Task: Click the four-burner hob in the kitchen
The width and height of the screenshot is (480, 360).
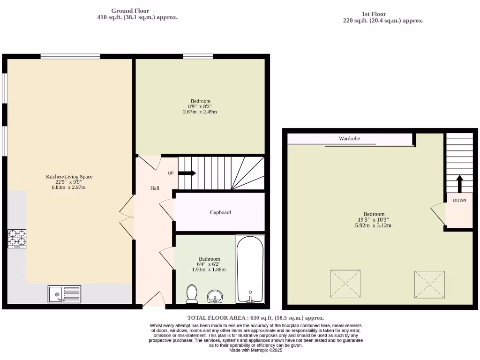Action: [x=16, y=238]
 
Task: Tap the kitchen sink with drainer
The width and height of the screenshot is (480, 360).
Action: [x=64, y=294]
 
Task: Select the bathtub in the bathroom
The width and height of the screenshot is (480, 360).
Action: [x=249, y=270]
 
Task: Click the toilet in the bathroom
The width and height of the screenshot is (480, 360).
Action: [x=191, y=294]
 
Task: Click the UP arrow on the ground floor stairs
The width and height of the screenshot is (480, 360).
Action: [x=187, y=173]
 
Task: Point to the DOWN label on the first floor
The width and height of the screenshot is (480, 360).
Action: [x=459, y=200]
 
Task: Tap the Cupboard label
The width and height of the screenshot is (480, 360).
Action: [x=220, y=212]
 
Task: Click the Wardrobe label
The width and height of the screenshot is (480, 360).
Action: [x=350, y=139]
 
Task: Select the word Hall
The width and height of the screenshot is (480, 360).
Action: [x=155, y=188]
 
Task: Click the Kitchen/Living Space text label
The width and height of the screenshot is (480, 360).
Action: [x=69, y=177]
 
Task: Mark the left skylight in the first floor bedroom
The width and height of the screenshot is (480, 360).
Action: [x=345, y=283]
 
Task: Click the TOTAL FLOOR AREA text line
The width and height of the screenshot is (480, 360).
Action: [x=255, y=318]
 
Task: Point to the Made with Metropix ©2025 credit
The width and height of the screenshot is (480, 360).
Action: [x=255, y=350]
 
